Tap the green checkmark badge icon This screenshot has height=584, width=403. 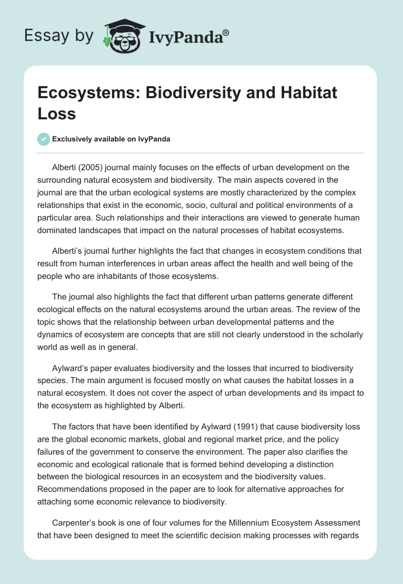click(44, 139)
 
